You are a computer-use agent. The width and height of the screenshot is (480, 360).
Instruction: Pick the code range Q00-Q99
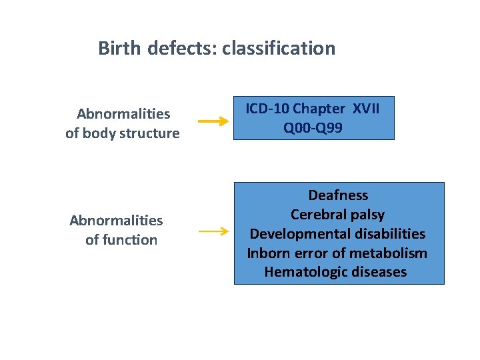tap(313, 128)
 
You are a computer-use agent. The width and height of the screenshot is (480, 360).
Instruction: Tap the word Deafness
tap(338, 195)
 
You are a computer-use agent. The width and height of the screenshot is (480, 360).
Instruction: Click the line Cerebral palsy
tap(337, 215)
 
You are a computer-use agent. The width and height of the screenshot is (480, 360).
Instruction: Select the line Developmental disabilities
tap(337, 234)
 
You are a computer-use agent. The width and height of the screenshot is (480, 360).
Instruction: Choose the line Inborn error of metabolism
tap(337, 253)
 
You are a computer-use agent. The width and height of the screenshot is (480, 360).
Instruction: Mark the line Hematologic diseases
tap(335, 273)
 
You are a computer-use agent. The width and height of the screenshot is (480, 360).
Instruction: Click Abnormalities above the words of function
tap(116, 221)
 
